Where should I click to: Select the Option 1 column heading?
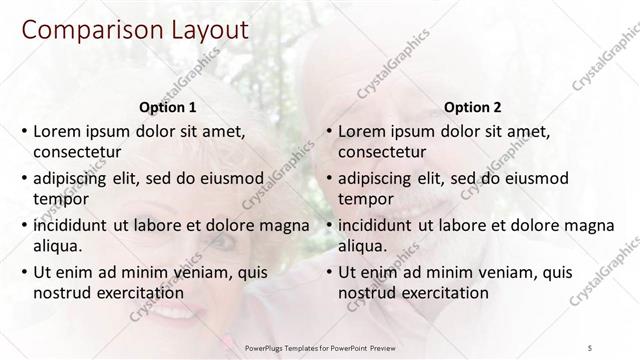pos(166,106)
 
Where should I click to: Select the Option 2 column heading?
pos(472,106)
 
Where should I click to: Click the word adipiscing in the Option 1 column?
pos(72,179)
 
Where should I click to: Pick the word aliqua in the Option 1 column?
pos(57,245)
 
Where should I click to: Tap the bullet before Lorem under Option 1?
pos(23,132)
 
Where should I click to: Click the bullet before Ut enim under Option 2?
pos(328,272)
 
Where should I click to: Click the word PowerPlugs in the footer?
pos(267,347)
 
